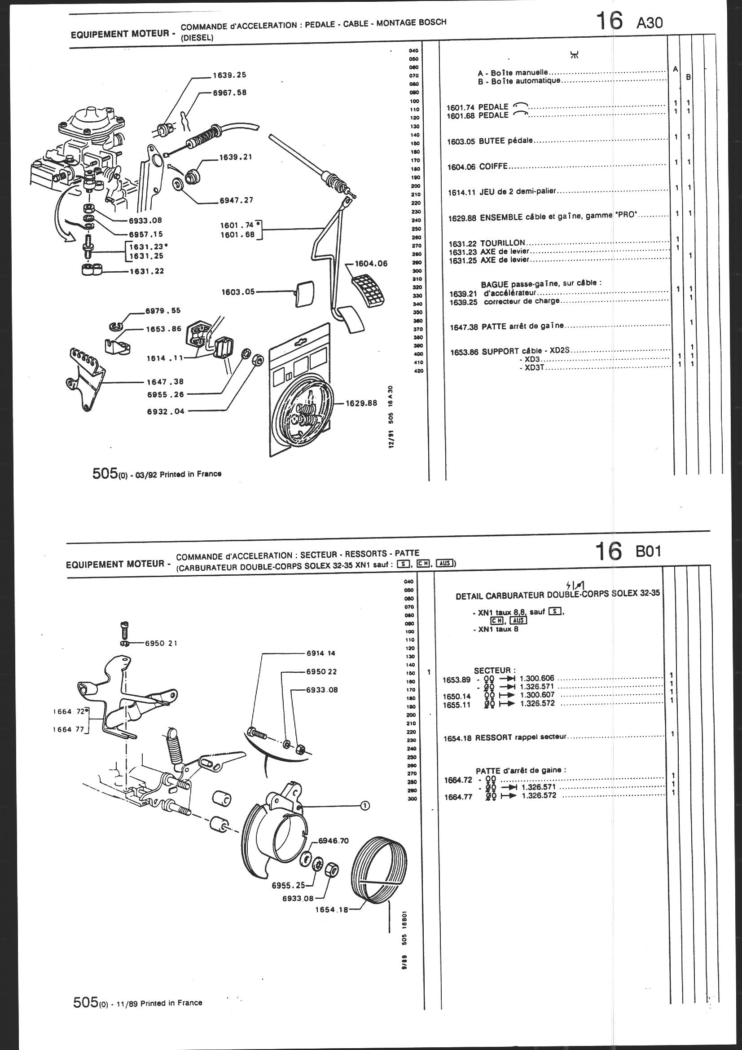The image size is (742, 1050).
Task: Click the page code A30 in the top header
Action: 649,23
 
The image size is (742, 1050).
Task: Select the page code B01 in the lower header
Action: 648,551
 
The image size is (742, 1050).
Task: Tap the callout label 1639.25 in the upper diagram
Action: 229,75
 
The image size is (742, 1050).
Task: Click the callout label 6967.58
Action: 229,93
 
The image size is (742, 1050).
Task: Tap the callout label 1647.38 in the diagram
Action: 165,382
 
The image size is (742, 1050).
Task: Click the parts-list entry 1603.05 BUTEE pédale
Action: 490,141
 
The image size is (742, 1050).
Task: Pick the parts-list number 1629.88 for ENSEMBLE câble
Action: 462,218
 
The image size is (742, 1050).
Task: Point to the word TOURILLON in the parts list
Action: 502,243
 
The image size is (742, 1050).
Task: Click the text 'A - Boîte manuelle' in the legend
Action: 513,73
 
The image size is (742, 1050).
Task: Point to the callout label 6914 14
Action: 322,653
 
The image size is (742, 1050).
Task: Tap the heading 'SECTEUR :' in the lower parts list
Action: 495,671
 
